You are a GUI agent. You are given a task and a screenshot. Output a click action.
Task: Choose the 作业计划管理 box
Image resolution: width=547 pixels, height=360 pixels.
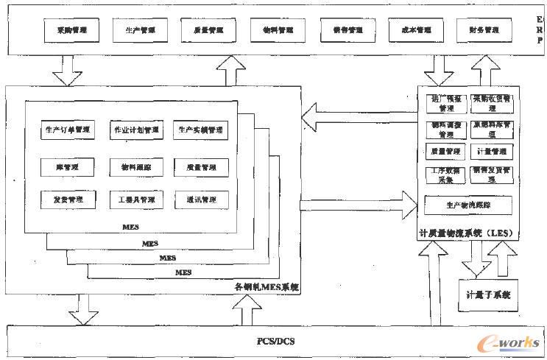coord(135,130)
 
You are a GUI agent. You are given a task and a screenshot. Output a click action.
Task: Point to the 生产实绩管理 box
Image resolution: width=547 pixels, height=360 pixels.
coord(200,130)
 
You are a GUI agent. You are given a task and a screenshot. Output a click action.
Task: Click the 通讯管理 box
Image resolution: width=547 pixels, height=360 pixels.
coord(200,200)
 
